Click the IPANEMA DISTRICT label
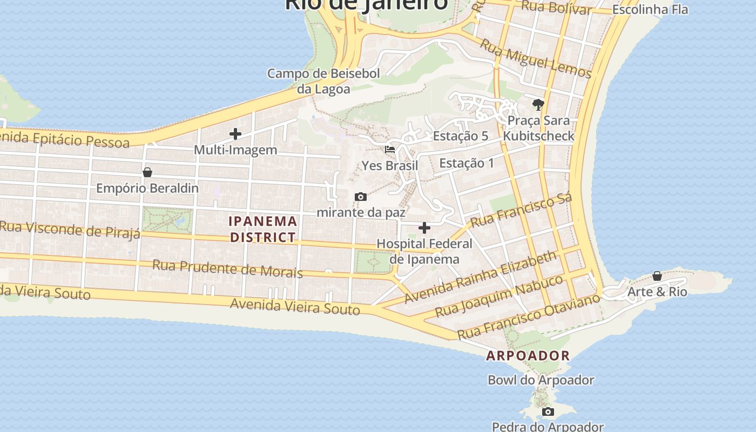click(263, 229)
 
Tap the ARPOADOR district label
click(528, 355)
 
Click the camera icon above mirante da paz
click(361, 197)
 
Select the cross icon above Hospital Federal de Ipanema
click(424, 228)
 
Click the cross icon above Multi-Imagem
click(235, 134)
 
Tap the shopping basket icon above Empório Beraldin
click(147, 172)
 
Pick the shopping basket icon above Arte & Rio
click(657, 276)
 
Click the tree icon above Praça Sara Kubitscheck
click(538, 104)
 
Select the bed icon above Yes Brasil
click(390, 150)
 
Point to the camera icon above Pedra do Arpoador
click(548, 412)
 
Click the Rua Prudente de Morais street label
click(227, 268)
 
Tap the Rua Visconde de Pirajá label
click(70, 229)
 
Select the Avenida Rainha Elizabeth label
click(480, 276)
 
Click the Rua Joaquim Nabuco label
click(499, 296)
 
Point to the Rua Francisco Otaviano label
click(529, 316)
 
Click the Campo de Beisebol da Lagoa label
click(323, 81)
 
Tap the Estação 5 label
click(461, 136)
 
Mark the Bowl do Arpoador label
click(541, 380)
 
